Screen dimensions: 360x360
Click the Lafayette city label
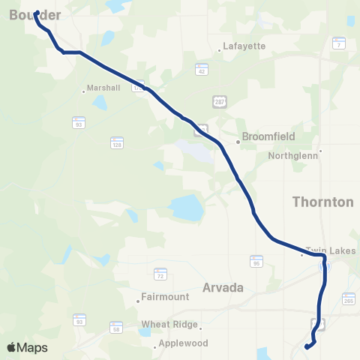(x=244, y=46)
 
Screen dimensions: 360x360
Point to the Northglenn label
(x=294, y=157)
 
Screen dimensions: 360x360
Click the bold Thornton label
(x=322, y=202)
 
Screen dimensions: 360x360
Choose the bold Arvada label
(x=223, y=286)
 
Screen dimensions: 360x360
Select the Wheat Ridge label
(x=169, y=325)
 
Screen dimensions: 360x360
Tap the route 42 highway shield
(x=202, y=70)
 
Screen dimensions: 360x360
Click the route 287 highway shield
(x=219, y=101)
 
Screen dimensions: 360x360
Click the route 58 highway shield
(x=116, y=328)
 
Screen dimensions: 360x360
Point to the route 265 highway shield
(x=348, y=300)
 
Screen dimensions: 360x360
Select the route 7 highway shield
(x=340, y=45)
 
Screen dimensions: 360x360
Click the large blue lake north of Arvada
(x=186, y=209)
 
